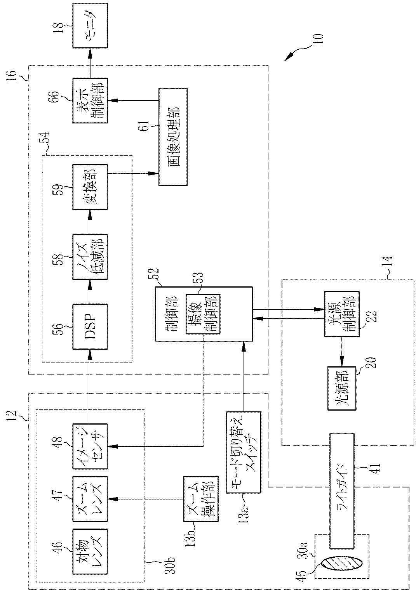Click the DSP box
pos(90,326)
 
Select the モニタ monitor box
pos(90,25)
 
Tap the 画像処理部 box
pos(173,137)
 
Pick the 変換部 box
pos(90,187)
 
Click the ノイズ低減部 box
pos(90,257)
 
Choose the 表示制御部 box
pos(90,101)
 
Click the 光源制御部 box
pos(342,314)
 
